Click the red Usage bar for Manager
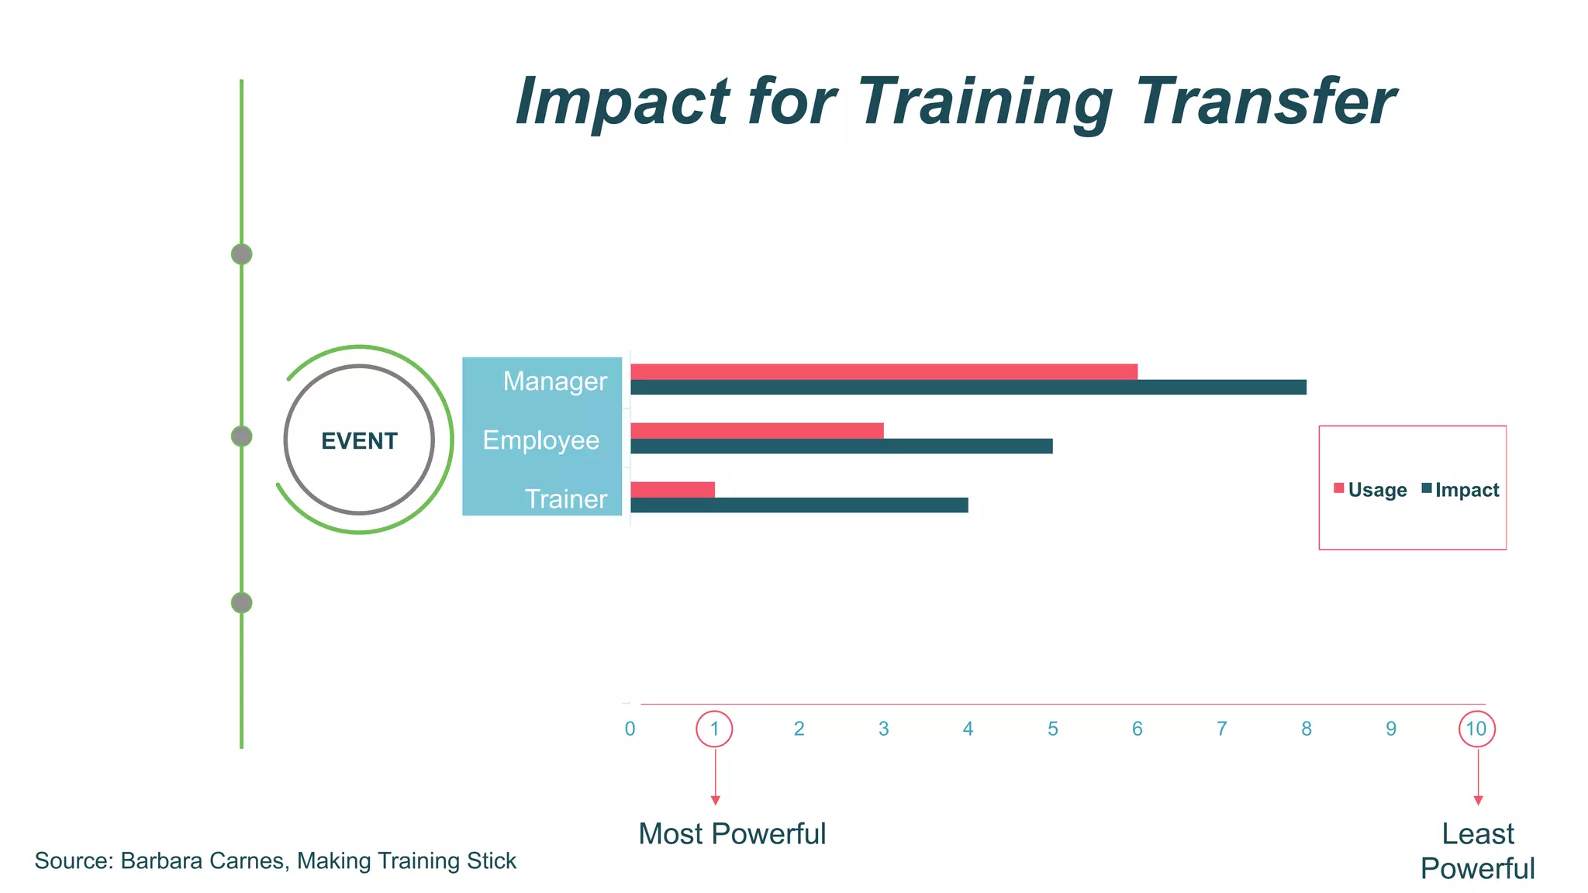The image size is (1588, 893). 884,371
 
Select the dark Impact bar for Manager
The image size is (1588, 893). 968,387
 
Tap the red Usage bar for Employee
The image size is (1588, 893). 757,430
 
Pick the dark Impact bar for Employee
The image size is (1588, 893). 841,446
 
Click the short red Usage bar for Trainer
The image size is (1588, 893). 672,489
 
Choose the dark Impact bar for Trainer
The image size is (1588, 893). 799,505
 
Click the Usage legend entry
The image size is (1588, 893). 1370,490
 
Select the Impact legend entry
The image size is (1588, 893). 1460,490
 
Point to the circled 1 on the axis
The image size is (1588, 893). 714,729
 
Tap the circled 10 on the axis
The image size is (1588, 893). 1476,729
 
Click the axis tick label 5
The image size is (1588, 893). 1052,729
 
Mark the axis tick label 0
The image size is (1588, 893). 630,729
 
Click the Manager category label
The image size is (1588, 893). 554,381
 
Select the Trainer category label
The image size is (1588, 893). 566,499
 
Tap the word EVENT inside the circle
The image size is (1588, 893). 359,441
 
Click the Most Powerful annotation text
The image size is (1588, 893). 732,834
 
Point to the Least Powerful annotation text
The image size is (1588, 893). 1477,851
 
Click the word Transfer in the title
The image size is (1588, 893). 1265,102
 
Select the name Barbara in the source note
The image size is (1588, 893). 162,861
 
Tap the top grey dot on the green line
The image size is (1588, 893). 242,254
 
